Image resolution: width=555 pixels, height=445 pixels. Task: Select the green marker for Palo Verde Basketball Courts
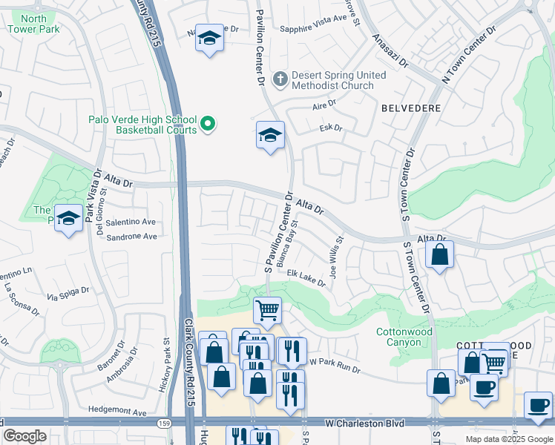208,125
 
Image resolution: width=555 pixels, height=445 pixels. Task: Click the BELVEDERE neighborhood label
411,108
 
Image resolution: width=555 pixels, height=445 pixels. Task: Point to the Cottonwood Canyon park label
404,337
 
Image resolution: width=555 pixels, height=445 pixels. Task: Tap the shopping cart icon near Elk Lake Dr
267,309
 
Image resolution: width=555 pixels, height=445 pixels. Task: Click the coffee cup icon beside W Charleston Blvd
538,405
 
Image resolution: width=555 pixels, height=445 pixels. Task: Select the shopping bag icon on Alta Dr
440,254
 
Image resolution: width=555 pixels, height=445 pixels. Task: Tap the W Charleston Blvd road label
364,423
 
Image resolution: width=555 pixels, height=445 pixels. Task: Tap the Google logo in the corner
24,436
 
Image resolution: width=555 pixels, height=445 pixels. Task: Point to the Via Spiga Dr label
68,294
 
